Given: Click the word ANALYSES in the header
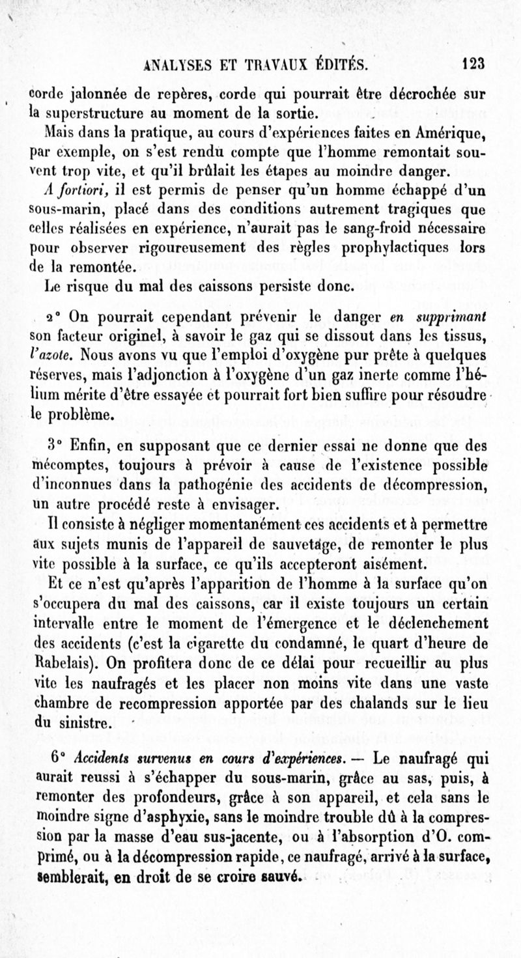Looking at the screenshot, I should tap(181, 64).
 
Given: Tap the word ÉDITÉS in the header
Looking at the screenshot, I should tap(341, 64).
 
